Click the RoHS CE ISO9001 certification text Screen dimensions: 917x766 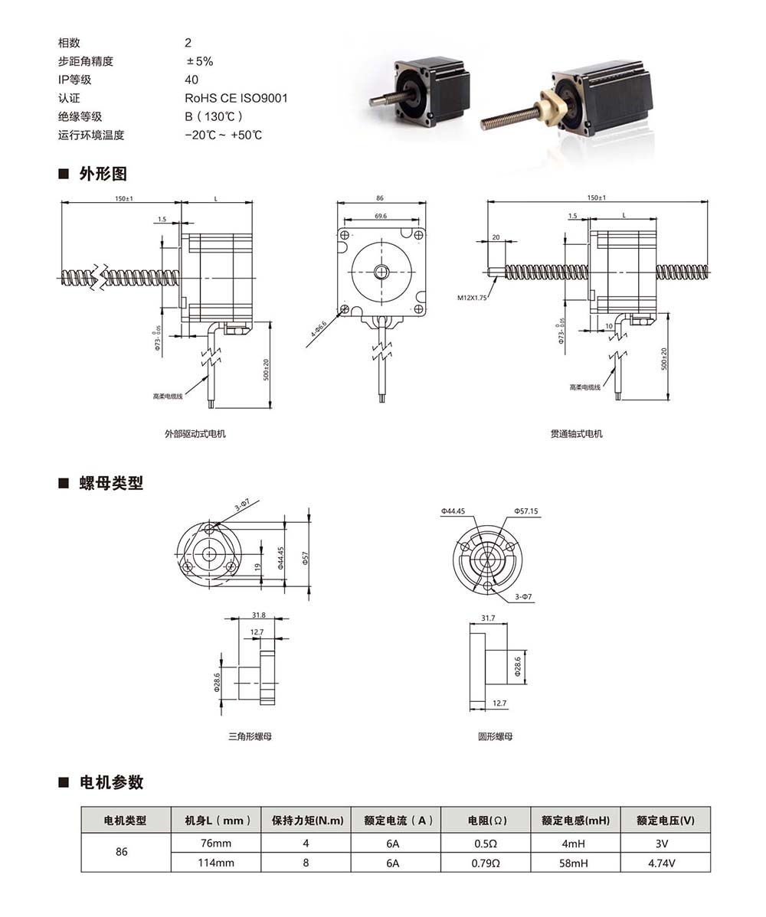point(236,98)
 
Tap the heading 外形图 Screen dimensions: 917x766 point(103,173)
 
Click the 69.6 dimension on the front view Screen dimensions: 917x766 point(381,217)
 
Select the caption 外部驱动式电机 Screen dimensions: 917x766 point(195,433)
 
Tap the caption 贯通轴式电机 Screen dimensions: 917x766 point(576,433)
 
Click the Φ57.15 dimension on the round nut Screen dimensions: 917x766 point(526,511)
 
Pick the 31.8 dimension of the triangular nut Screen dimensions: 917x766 point(258,615)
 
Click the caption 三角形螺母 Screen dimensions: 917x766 point(250,736)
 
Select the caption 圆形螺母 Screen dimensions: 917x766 point(496,736)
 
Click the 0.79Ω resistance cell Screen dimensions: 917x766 point(486,862)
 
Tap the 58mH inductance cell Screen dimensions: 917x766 point(574,862)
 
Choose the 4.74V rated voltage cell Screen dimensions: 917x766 point(665,862)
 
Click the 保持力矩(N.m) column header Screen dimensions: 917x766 point(306,821)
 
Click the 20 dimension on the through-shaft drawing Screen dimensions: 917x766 point(496,237)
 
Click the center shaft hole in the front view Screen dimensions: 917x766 point(381,272)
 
